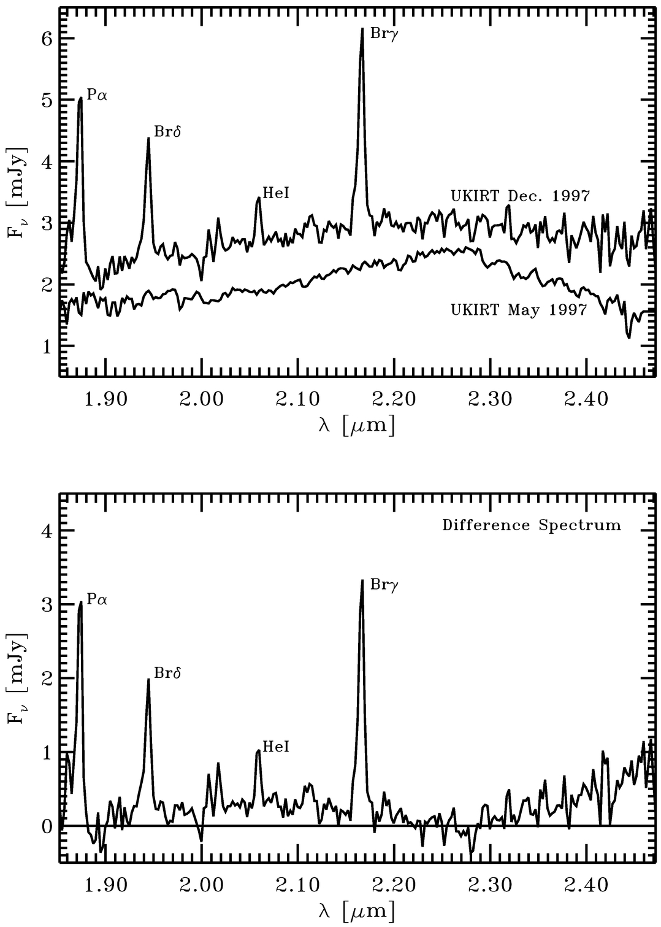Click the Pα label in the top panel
pos(97,95)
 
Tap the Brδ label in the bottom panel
pos(167,674)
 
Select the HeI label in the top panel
pos(275,193)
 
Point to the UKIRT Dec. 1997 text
pos(520,196)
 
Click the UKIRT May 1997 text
pos(519,310)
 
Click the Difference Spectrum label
pos(531,525)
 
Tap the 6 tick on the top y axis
pos(49,39)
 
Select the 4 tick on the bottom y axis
pos(49,531)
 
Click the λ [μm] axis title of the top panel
pos(356,425)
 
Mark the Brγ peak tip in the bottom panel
pos(362,580)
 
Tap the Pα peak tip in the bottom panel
pos(81,602)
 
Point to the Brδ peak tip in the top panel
pos(148,138)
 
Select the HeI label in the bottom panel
pos(275,747)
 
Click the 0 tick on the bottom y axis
pos(49,826)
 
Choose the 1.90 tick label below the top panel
pos(107,399)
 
